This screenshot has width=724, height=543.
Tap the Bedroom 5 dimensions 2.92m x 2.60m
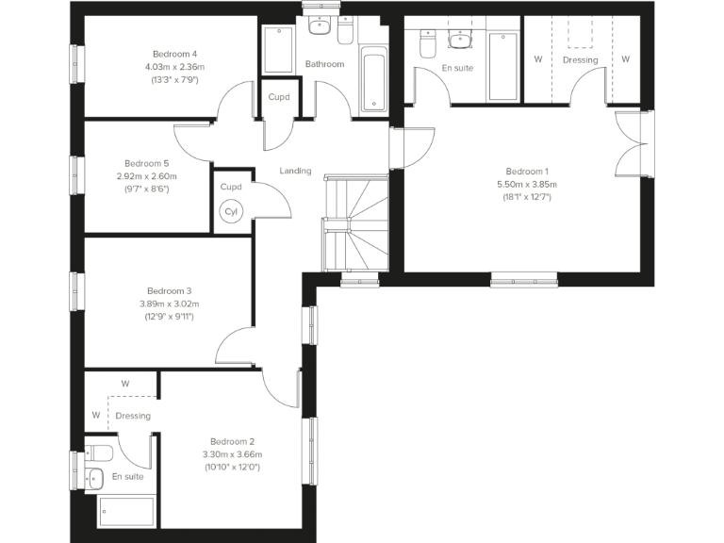147,176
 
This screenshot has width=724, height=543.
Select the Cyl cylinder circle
231,213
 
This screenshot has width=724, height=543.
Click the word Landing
295,171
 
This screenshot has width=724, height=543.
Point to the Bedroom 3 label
170,290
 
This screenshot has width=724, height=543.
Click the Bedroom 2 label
233,441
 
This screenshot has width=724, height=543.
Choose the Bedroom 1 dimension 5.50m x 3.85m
527,184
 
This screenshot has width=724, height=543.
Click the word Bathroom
324,64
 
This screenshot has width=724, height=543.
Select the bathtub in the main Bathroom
374,79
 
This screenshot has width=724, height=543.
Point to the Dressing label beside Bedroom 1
580,60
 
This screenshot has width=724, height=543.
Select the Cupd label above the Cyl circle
231,187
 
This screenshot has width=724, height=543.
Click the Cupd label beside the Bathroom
279,97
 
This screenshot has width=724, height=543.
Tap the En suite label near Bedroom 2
128,477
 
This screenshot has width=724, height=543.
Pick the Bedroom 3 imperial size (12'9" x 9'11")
170,316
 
